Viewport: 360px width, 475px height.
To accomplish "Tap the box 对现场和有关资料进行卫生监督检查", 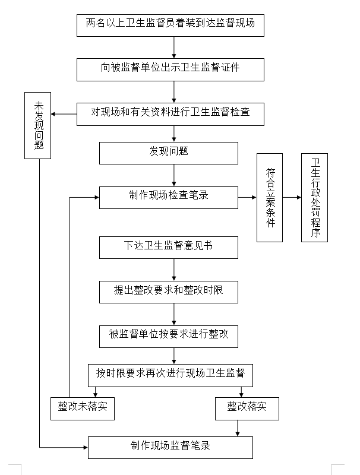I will point(170,113).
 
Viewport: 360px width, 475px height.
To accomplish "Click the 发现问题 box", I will point(169,151).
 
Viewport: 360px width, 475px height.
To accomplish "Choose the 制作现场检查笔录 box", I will point(169,197).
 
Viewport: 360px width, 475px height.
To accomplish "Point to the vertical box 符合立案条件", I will point(270,197).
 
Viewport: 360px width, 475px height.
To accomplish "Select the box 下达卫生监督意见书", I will point(169,247).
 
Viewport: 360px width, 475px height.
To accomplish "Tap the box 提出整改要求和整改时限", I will point(169,291).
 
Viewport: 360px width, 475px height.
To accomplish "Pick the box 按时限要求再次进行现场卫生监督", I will point(170,374).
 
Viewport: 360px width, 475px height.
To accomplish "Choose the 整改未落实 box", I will point(83,408).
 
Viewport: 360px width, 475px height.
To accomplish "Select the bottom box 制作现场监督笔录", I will point(170,446).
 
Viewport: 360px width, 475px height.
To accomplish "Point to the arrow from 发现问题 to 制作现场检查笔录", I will point(174,175).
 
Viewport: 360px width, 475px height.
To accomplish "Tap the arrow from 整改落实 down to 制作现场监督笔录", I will point(238,428).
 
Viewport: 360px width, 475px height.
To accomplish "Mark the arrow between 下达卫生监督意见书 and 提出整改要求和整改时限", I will point(174,269).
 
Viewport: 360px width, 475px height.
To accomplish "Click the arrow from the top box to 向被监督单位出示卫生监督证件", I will point(174,46).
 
